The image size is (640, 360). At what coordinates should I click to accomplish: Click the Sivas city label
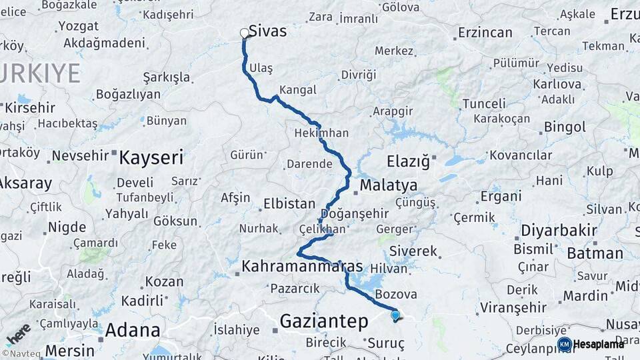tap(267, 31)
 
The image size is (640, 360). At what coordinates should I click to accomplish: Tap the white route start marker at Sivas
tap(244, 33)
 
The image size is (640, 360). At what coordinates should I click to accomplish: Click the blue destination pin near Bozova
tap(395, 315)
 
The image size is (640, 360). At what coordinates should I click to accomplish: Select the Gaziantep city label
tap(324, 321)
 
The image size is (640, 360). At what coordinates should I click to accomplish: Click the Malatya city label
tap(389, 185)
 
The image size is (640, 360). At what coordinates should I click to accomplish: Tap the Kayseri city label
tap(151, 158)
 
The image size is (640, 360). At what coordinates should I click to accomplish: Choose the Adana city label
tap(133, 330)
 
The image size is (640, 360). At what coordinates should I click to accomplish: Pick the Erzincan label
tap(485, 32)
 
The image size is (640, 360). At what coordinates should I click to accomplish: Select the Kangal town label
tap(297, 89)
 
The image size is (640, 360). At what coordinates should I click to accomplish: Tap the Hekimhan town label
tap(321, 133)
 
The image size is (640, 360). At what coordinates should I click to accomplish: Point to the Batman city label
tap(595, 253)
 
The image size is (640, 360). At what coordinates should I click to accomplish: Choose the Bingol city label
tap(565, 127)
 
